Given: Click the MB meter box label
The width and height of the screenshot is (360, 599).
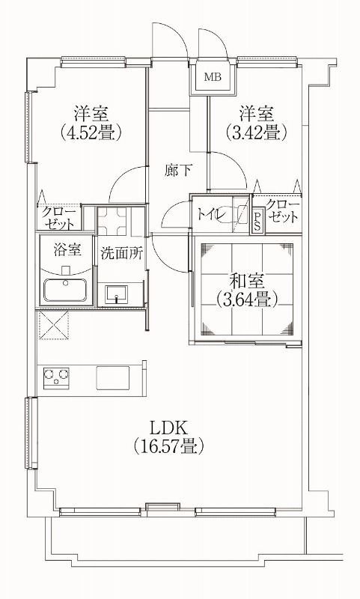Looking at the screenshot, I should pos(213,76).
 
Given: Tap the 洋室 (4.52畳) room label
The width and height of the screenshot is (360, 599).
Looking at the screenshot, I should pos(91,123).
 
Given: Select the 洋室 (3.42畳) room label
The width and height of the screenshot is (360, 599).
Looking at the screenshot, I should pos(256,123).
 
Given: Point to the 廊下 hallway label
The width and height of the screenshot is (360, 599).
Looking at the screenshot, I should pos(177,170).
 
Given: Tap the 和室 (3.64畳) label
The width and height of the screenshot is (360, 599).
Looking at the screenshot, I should pos(246,291).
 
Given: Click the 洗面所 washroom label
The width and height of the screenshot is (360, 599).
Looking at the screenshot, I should pos(121,252).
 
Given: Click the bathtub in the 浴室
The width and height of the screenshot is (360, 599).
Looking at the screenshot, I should pos(67,290).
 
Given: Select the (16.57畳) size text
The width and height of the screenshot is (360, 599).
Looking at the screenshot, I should pos(169,448).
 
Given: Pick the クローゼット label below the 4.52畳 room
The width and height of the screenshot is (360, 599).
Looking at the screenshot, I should pos(58,218).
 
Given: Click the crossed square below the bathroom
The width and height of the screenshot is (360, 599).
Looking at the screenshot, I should pos(52,326).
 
